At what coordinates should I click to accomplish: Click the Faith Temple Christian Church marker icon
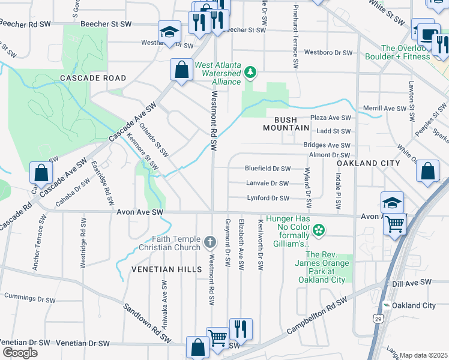point(209,242)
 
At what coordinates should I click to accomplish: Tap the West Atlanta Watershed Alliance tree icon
point(250,73)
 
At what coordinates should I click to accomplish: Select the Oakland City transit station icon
point(387,305)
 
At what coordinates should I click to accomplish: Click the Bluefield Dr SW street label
point(268,169)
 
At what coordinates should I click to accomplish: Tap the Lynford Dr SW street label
point(268,198)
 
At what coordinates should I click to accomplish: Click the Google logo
point(20,352)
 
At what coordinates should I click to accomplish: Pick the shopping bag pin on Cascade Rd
point(41,173)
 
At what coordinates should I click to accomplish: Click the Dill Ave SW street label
point(412,282)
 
